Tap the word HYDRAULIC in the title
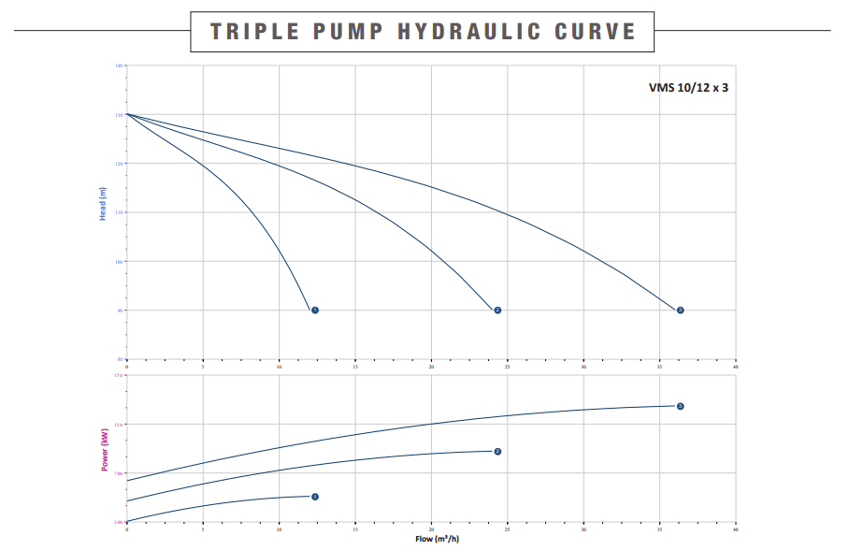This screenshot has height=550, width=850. coord(469,31)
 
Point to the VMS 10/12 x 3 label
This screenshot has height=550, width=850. coord(688,87)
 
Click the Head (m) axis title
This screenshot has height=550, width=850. coord(103,204)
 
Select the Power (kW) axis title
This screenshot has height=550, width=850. coord(105,448)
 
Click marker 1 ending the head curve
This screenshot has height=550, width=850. coord(315,310)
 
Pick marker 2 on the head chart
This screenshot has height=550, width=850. coord(497,310)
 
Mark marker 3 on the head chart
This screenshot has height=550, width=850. coord(680,310)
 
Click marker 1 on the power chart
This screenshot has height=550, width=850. coord(315,497)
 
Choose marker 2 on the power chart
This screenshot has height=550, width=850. coord(497,452)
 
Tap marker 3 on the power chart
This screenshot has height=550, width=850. coord(680,406)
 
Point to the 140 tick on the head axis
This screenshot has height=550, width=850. coord(119,65)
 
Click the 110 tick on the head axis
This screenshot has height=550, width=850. coord(119,212)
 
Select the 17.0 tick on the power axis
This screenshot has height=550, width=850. coord(118,375)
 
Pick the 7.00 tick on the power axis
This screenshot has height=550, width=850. coord(118,473)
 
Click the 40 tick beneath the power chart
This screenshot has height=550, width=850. coord(736,529)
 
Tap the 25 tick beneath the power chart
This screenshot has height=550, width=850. coord(507,529)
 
